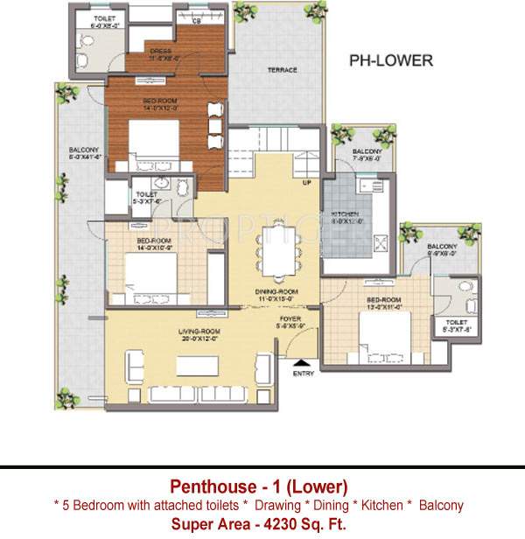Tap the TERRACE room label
(282, 70)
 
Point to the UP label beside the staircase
(306, 184)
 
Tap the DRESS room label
(160, 52)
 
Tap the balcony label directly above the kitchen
(367, 152)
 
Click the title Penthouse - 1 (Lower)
(259, 486)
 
